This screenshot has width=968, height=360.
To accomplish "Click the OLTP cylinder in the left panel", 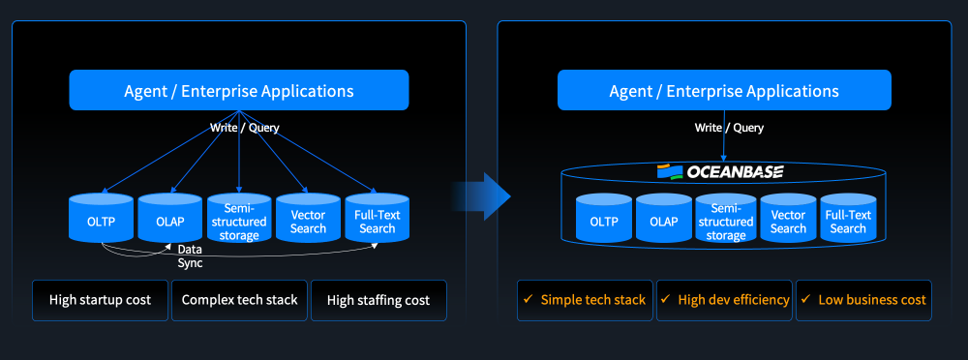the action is click(x=102, y=218).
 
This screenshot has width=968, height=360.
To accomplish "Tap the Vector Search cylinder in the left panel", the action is click(x=308, y=218).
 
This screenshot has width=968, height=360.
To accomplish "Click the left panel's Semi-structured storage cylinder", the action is click(x=239, y=218).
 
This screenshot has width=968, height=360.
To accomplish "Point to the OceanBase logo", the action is click(x=720, y=171).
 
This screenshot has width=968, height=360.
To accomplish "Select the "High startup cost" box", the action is click(x=100, y=301).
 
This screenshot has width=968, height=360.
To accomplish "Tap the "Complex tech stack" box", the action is click(x=239, y=301).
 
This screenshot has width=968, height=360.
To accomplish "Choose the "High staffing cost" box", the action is click(x=378, y=301).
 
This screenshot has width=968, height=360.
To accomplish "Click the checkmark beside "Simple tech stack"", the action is click(x=528, y=299).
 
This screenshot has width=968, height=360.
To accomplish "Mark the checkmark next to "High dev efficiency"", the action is click(x=665, y=299).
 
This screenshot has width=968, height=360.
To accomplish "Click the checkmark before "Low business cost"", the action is click(x=805, y=299).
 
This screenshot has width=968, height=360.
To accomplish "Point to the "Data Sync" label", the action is click(x=190, y=256).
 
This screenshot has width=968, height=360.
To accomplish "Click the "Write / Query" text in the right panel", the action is click(x=729, y=128).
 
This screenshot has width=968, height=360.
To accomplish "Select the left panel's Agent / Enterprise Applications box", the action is click(x=239, y=90).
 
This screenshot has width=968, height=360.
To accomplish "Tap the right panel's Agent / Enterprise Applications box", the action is click(x=724, y=90).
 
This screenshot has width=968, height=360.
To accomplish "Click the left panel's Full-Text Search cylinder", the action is click(x=378, y=218).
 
